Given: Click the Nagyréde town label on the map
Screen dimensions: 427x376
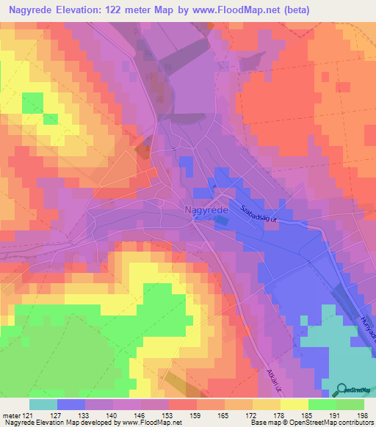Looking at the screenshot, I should (206, 210).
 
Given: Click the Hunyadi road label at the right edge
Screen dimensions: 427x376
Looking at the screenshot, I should (367, 329).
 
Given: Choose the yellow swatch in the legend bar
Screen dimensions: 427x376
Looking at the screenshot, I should (294, 404).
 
